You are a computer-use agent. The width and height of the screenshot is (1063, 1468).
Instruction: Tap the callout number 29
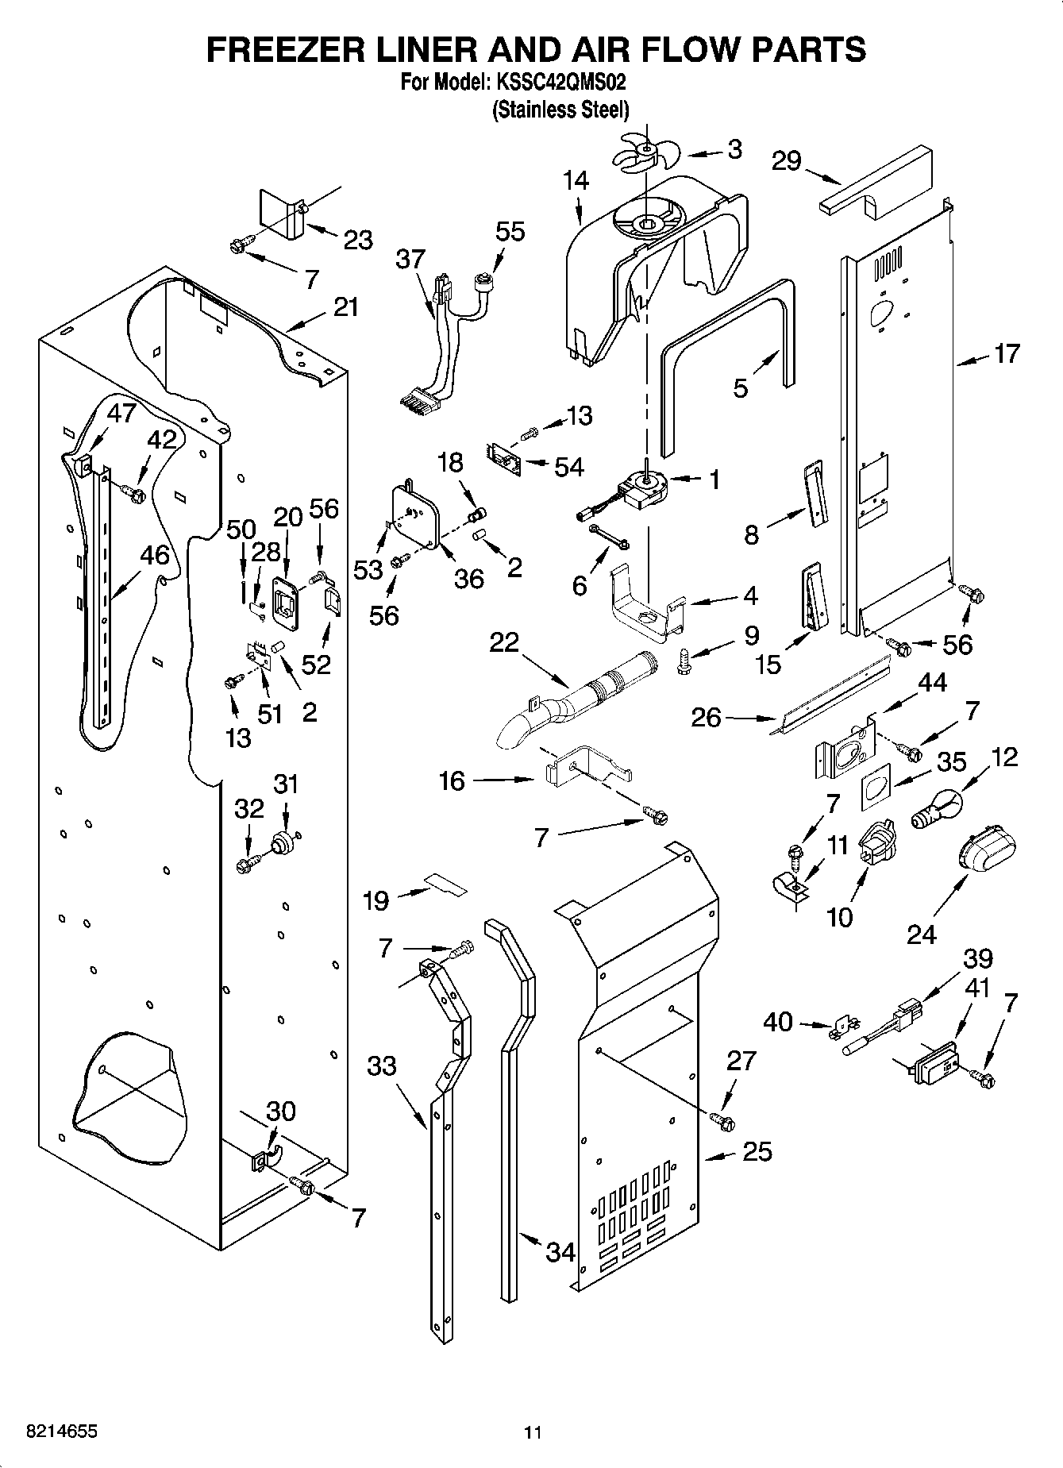(x=787, y=161)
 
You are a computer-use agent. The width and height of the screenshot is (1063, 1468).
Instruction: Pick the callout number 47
(x=121, y=413)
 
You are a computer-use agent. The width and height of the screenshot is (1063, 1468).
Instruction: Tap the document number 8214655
(x=52, y=1431)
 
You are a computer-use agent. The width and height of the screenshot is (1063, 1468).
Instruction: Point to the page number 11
(x=532, y=1432)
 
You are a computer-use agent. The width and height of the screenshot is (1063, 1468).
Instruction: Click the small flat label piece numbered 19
(x=445, y=883)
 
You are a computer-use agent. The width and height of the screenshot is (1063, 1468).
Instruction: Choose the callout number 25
(x=757, y=1150)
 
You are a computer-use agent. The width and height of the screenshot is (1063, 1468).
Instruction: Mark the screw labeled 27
(x=722, y=1121)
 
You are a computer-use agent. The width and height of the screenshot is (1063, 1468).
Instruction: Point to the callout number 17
(x=1006, y=353)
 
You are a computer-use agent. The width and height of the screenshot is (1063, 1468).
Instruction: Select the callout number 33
(x=381, y=1065)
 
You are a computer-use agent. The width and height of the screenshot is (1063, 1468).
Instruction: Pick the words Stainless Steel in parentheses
(x=560, y=109)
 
